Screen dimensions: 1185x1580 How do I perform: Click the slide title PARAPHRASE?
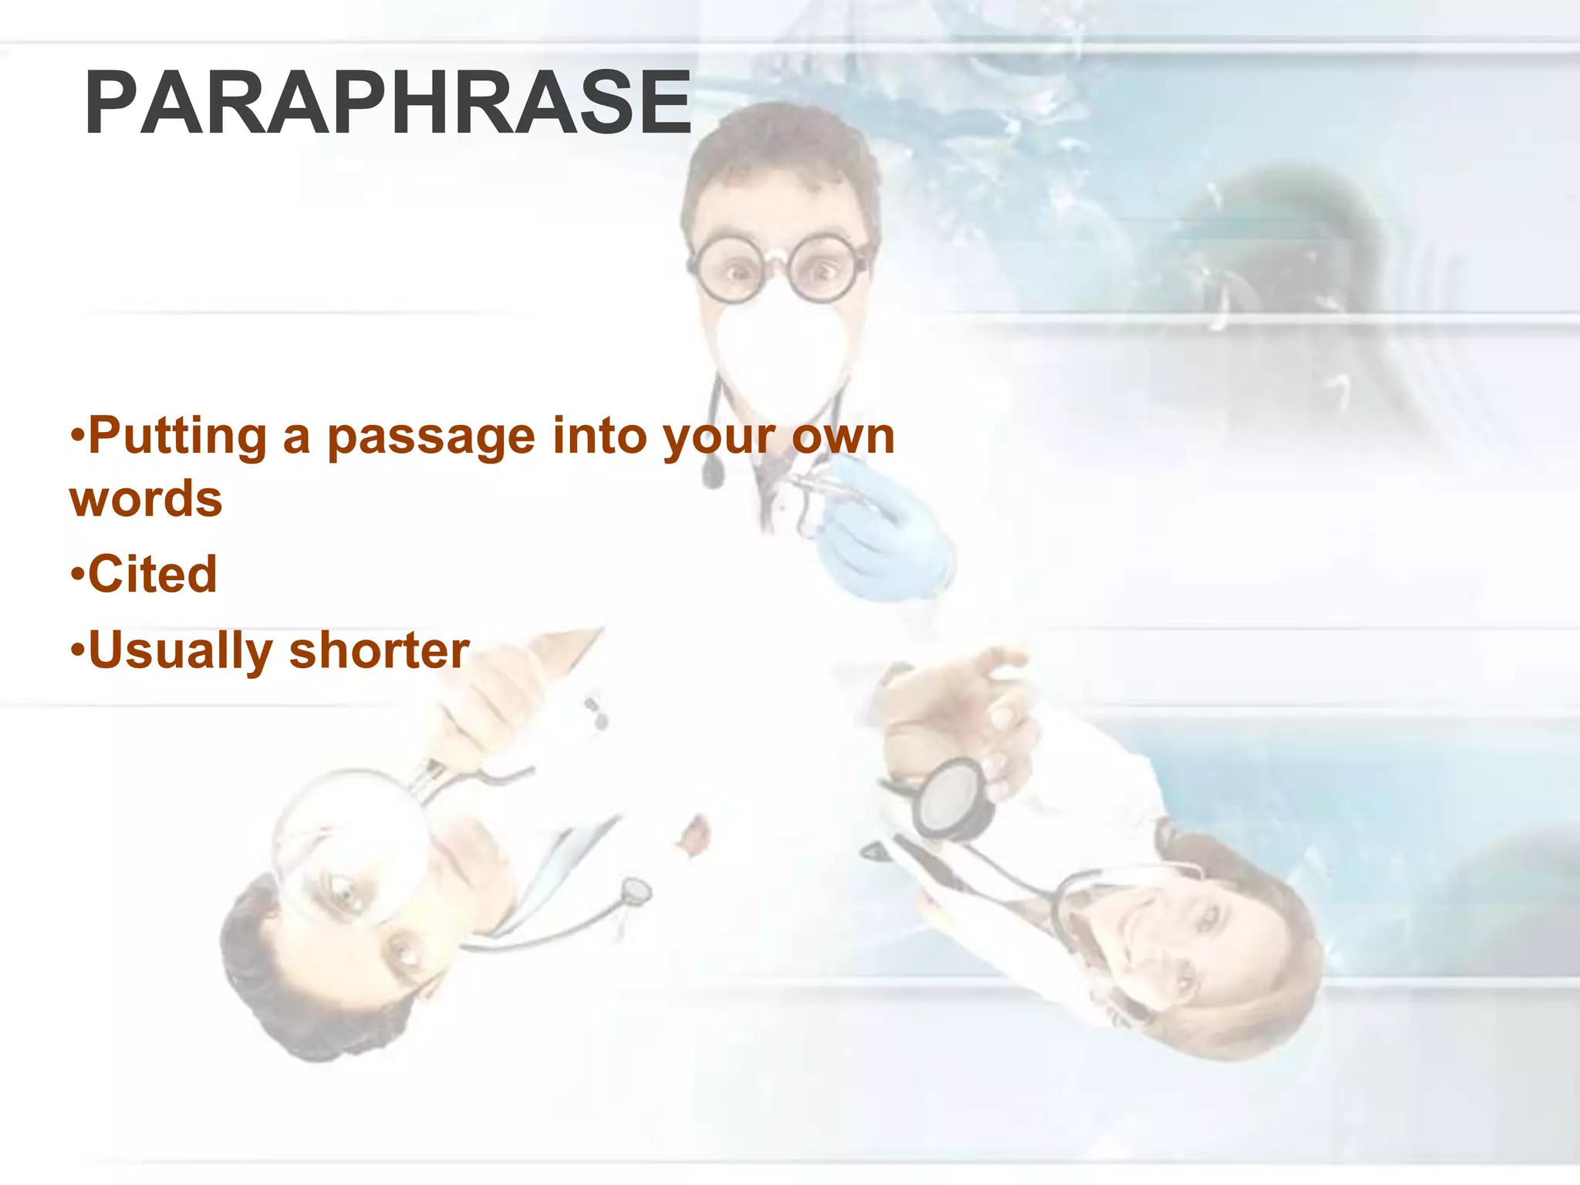pyautogui.click(x=387, y=103)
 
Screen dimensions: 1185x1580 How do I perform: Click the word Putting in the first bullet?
pyautogui.click(x=177, y=437)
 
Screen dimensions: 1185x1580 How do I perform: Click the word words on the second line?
pyautogui.click(x=146, y=499)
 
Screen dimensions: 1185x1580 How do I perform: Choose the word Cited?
pyautogui.click(x=153, y=574)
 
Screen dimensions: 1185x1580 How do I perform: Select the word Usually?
pyautogui.click(x=181, y=651)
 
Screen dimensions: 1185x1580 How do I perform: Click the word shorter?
pyautogui.click(x=379, y=650)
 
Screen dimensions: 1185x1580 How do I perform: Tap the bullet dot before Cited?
pyautogui.click(x=76, y=575)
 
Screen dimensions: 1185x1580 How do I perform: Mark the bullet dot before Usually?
pyautogui.click(x=76, y=650)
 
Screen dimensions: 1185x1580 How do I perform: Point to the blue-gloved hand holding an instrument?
pyautogui.click(x=879, y=532)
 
